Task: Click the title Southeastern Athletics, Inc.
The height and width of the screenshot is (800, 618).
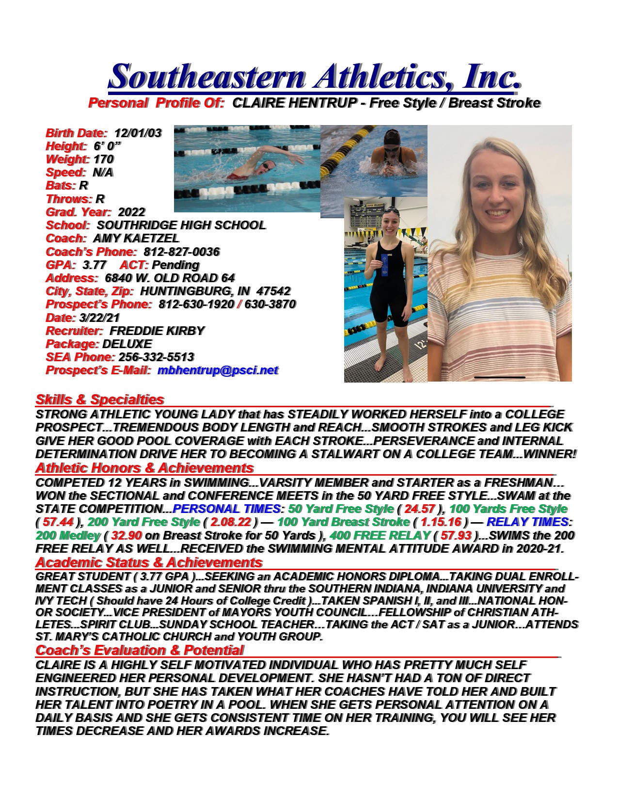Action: tap(315, 77)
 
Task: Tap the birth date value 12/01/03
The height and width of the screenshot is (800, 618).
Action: tap(138, 133)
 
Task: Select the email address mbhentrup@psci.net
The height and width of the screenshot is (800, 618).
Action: tap(218, 371)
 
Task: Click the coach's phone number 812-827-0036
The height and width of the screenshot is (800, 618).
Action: tap(181, 252)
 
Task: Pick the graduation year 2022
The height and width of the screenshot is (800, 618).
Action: tap(131, 212)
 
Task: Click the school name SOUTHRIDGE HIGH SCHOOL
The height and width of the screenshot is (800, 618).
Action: tap(181, 225)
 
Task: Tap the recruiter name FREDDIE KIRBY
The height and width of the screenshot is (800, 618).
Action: tap(157, 331)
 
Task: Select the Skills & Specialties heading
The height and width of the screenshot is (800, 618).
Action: tap(99, 400)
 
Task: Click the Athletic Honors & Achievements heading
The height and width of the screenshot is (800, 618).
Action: tap(144, 468)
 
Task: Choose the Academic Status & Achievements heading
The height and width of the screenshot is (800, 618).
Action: tap(149, 563)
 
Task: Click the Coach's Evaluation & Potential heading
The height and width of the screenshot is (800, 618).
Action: tap(140, 651)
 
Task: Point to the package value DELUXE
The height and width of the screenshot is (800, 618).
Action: tap(127, 344)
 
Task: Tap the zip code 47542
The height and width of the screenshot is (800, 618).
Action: tap(273, 291)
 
